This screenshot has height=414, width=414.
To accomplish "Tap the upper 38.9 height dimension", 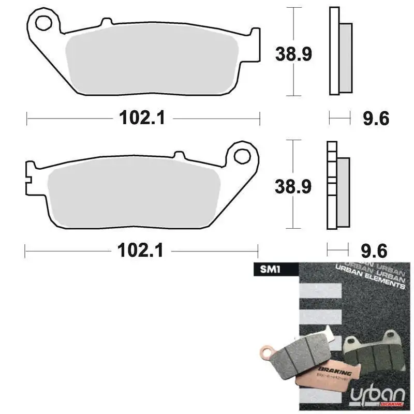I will (293, 53).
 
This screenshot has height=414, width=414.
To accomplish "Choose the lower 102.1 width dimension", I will (141, 252).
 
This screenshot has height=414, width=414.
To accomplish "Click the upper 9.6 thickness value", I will (375, 119).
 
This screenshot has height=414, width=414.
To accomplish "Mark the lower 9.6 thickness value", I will (375, 252).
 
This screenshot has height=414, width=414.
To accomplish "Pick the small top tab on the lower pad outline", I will (179, 155).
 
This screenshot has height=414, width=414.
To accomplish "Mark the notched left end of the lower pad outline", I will (29, 176).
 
